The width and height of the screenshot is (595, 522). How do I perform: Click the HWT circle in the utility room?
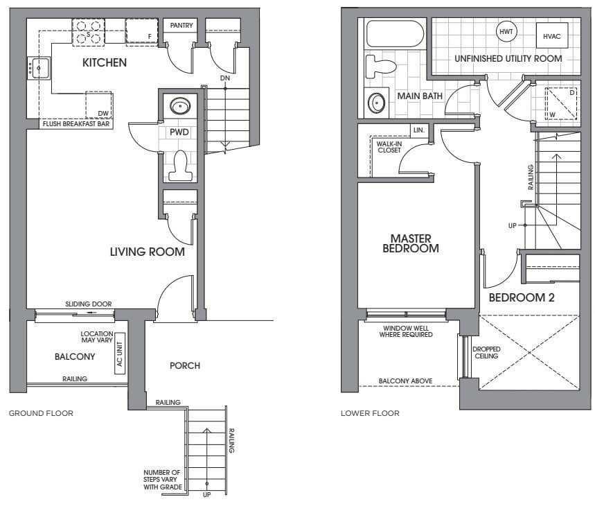[506, 31]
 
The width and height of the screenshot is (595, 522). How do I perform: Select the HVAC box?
[552, 35]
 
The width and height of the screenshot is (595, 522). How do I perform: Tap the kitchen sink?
[39, 68]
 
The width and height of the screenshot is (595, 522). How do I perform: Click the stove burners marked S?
[89, 33]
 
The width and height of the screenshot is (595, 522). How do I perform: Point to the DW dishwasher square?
[98, 105]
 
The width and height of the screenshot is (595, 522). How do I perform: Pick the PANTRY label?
[181, 26]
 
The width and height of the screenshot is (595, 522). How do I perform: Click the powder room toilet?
[181, 166]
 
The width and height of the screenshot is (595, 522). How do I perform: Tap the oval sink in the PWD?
[180, 106]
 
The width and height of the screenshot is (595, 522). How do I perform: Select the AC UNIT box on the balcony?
[120, 354]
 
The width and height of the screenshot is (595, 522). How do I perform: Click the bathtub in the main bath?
[395, 34]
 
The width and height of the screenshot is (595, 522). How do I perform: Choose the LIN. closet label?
[419, 130]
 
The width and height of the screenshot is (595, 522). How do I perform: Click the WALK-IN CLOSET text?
[389, 147]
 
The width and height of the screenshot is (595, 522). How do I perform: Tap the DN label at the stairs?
[225, 78]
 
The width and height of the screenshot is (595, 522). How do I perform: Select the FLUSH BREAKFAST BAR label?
[76, 124]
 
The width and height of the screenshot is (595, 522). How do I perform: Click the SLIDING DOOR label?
[89, 304]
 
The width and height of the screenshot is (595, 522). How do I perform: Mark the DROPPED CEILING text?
[486, 352]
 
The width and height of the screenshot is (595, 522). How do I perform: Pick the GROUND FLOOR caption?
[41, 413]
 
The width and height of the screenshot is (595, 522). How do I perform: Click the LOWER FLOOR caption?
[370, 413]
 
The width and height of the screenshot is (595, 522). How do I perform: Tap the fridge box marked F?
[142, 32]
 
